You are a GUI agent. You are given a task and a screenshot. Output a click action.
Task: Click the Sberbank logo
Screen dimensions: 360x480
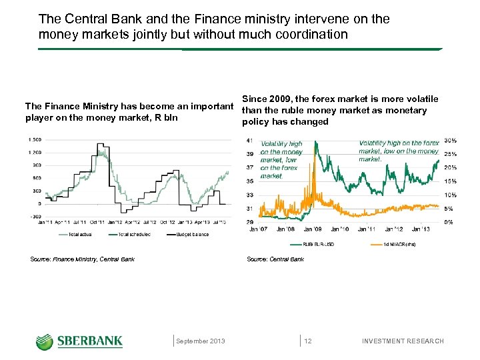coord(79,341)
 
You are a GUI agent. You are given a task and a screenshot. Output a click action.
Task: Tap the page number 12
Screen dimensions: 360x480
coord(308,341)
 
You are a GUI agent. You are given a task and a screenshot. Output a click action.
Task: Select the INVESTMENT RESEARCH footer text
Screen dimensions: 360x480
coord(403,341)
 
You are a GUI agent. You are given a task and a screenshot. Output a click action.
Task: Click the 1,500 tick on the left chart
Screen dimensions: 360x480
coord(34,139)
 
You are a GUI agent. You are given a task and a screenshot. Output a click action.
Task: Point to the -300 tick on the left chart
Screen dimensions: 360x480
coord(35,216)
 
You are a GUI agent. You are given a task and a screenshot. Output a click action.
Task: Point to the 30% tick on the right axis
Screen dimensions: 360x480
coord(450,140)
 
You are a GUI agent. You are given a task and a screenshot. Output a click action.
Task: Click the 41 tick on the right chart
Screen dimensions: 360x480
coord(249,140)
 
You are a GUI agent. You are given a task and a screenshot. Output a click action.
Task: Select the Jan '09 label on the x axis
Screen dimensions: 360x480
coord(313,229)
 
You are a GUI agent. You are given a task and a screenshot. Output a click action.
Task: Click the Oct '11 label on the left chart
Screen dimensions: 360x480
coord(97,222)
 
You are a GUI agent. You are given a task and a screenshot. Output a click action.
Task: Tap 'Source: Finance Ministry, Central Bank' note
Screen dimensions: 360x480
coord(83,259)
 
